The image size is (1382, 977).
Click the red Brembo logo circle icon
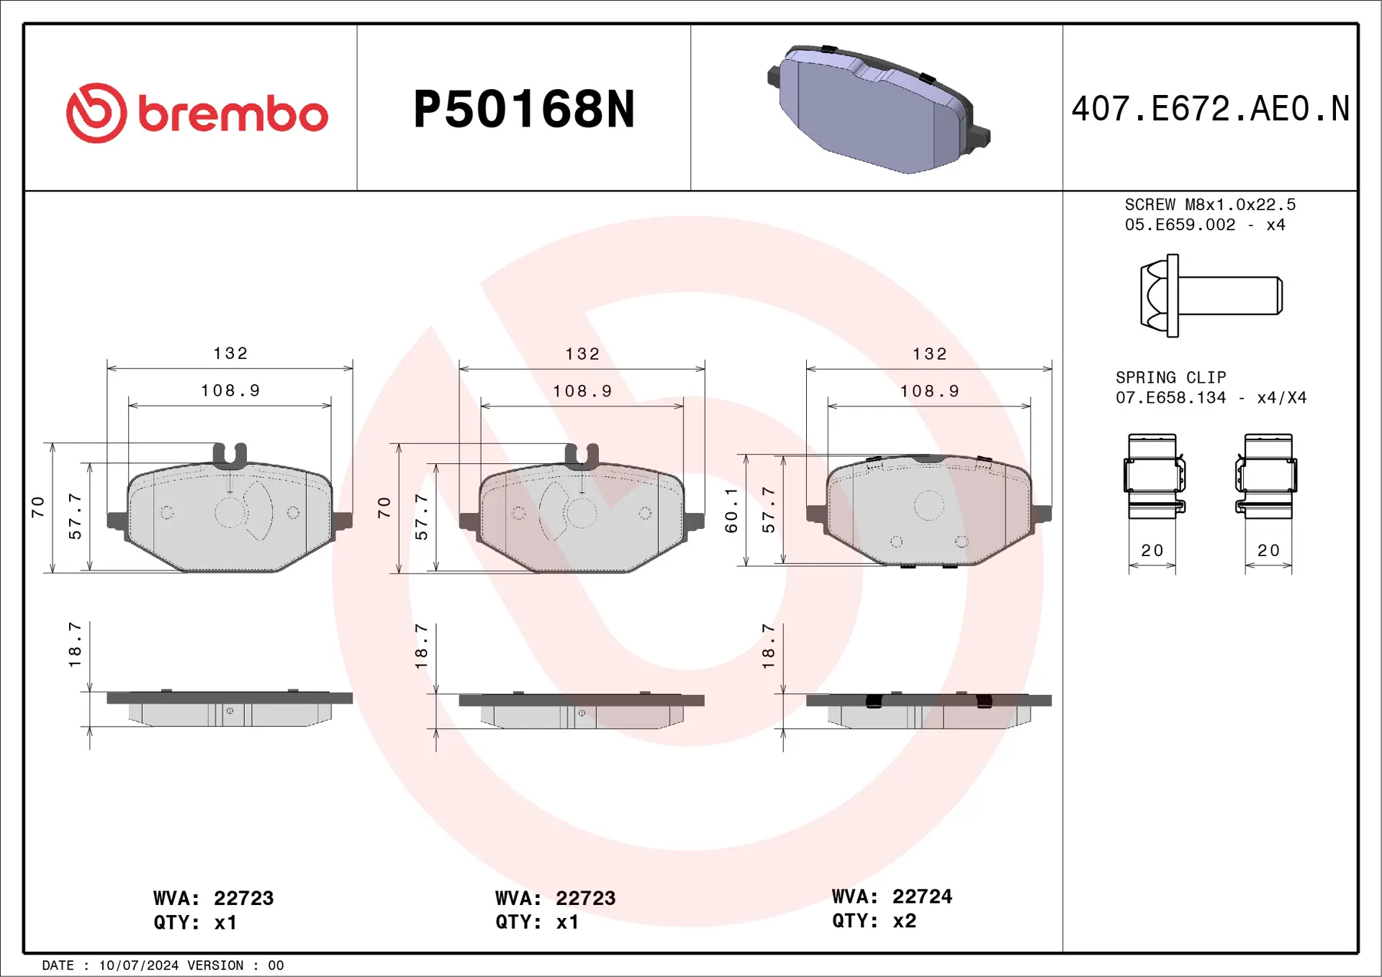(x=96, y=113)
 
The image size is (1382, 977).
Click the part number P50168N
(x=523, y=109)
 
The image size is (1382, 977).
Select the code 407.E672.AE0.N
(x=1210, y=109)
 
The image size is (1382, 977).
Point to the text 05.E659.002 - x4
(x=1204, y=224)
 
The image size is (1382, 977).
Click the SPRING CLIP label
(x=1170, y=377)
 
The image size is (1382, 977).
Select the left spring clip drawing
(x=1154, y=476)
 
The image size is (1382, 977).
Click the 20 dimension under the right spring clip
(x=1268, y=550)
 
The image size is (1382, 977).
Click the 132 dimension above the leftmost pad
(x=230, y=353)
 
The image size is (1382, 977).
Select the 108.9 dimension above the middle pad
(x=582, y=391)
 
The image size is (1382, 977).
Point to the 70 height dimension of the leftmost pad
(x=37, y=506)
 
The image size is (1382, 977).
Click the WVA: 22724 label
(x=892, y=896)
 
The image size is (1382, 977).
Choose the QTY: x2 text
(x=874, y=921)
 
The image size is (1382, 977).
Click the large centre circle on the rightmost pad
(x=929, y=506)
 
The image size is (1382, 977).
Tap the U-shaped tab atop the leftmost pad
(x=230, y=453)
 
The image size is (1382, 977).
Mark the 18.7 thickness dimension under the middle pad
(x=422, y=645)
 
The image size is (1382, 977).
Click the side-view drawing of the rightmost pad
(x=929, y=710)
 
